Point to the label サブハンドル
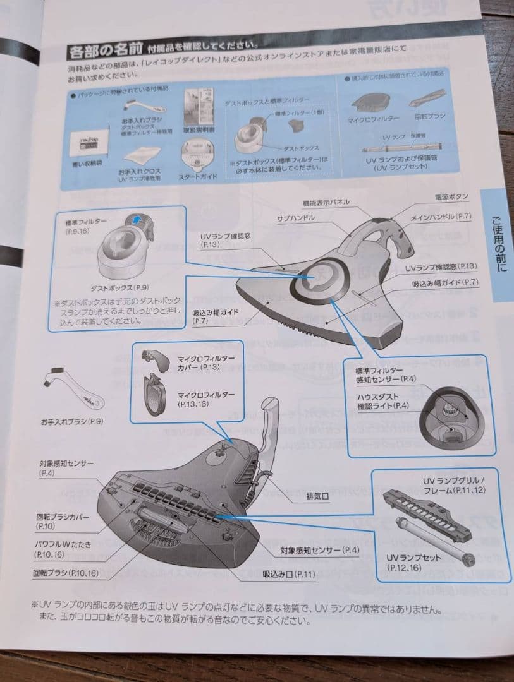coord(295,217)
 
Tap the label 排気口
coord(315,496)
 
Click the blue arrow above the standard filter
coord(134,218)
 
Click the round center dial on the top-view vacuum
coord(310,279)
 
